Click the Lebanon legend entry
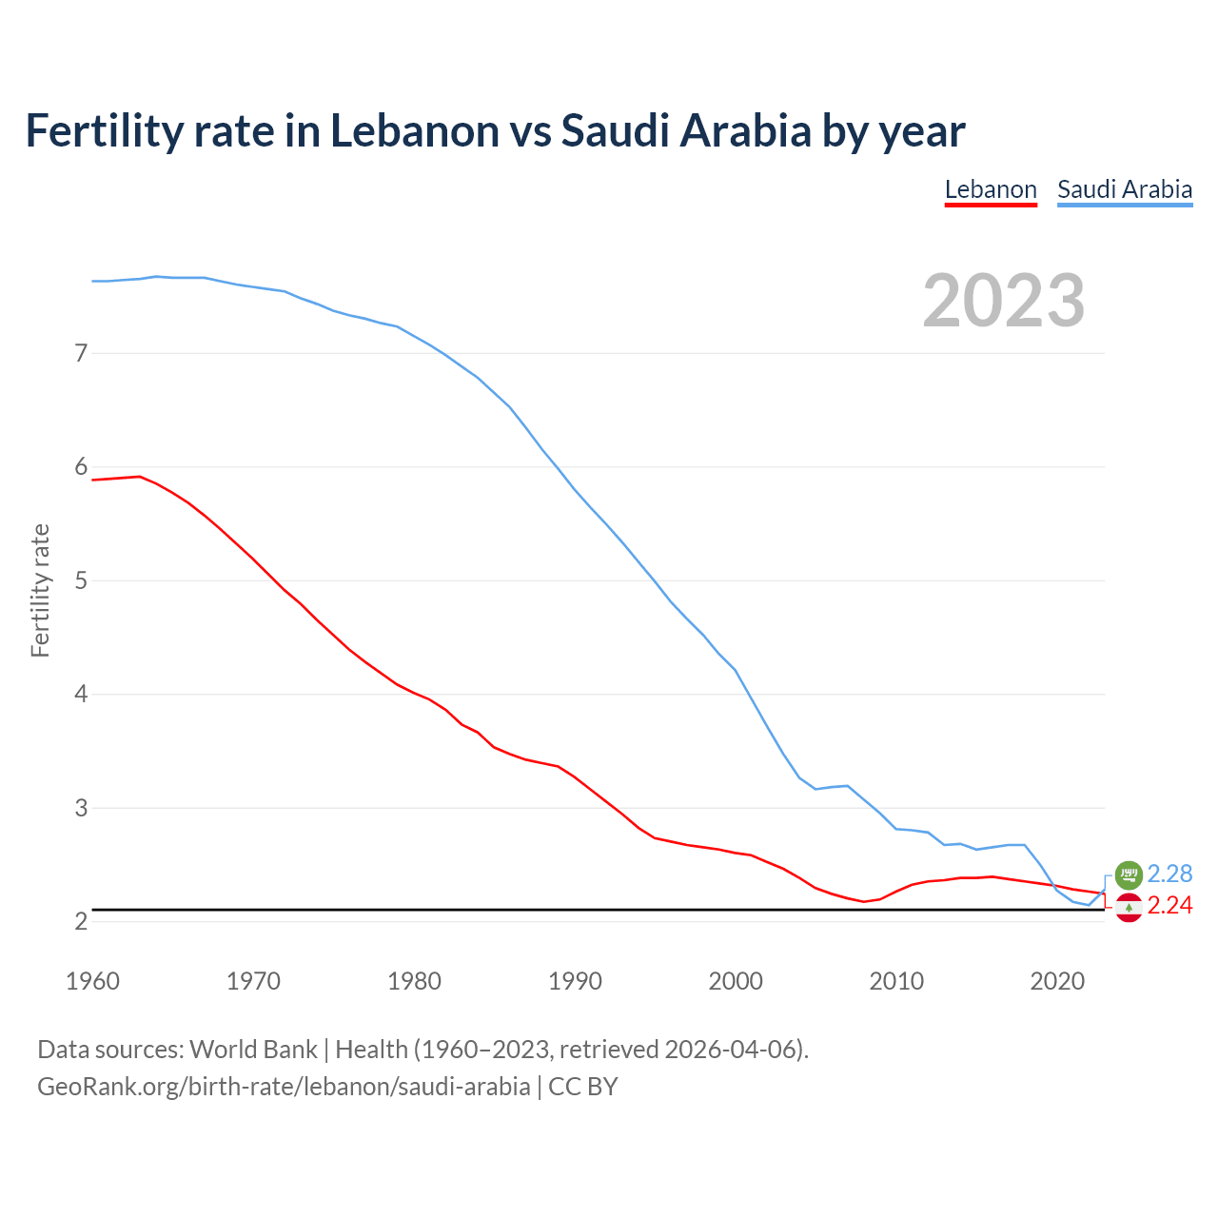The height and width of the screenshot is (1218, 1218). (991, 189)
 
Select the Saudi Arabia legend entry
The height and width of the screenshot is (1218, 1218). (1125, 189)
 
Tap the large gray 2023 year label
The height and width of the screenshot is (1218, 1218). (1004, 301)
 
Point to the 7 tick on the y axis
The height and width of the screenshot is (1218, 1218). (81, 354)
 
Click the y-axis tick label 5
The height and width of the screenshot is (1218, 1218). (81, 580)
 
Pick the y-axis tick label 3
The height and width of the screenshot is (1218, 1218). (81, 808)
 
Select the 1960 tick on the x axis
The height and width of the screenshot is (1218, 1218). (92, 981)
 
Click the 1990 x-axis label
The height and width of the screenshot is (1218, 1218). (575, 981)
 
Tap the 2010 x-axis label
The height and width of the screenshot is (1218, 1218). (896, 981)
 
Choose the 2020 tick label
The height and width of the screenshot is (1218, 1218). (1057, 981)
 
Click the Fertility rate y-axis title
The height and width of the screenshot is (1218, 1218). (40, 590)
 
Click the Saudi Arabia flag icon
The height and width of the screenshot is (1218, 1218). (1129, 874)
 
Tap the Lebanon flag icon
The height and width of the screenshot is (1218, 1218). (1129, 909)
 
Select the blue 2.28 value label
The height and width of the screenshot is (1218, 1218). (1169, 874)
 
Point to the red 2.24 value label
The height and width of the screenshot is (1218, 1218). (1169, 906)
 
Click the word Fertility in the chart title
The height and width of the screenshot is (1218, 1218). (103, 130)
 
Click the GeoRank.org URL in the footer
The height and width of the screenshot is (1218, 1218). (284, 1087)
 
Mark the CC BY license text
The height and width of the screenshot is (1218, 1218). (583, 1087)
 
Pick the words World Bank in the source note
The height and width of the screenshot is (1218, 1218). (253, 1050)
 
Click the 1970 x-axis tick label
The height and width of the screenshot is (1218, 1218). (253, 981)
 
